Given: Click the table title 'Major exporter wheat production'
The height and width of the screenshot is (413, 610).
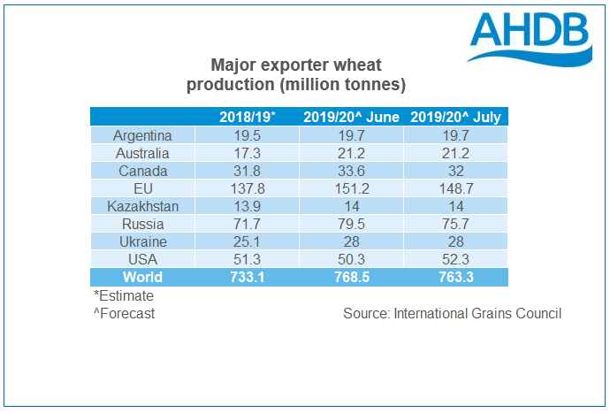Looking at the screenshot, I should coord(296,76).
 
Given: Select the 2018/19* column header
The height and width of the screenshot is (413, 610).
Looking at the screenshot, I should coord(248,117).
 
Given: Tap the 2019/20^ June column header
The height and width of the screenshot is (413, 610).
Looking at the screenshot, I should coord(352,117).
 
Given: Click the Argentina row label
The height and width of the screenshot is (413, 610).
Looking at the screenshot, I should coord(141,135).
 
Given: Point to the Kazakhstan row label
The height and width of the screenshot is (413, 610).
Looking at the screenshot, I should coord(141,206).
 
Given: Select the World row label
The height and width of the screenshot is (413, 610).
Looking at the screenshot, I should coord(141,277).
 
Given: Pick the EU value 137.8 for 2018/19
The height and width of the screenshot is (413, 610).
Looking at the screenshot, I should coord(248,188).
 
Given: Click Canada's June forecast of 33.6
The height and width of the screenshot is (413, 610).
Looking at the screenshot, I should coord(352,171).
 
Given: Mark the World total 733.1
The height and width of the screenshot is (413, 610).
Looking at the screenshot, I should coord(248,277).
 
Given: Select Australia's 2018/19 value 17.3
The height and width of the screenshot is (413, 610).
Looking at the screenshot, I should coord(248,153).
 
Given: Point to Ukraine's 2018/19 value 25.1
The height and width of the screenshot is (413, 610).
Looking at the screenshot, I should coord(248,241).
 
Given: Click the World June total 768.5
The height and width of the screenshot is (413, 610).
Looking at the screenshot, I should coord(352,277).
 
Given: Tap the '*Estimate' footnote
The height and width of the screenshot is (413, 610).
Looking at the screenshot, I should coord(123,296).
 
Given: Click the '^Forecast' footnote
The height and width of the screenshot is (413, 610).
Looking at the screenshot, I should coord(123,314).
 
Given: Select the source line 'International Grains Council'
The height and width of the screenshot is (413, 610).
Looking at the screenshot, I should coord(452,314).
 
